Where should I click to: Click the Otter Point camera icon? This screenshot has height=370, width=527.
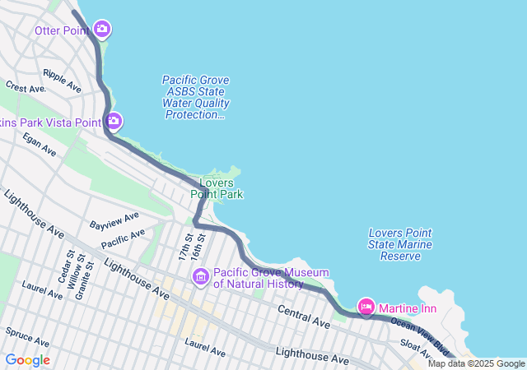click(x=102, y=30)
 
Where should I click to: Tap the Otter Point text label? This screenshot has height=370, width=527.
click(x=62, y=30)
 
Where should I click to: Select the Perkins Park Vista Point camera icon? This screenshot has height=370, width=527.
click(x=114, y=122)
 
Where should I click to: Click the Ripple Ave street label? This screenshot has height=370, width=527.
click(x=63, y=80)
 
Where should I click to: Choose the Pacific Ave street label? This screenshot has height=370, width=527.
click(x=123, y=238)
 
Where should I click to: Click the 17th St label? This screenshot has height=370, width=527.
click(x=184, y=247)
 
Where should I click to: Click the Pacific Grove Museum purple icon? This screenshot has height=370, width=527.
click(x=200, y=278)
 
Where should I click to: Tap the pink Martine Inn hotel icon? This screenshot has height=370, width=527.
click(x=366, y=308)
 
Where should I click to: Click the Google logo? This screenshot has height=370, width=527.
click(x=27, y=360)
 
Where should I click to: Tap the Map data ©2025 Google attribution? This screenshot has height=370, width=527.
click(x=475, y=363)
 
